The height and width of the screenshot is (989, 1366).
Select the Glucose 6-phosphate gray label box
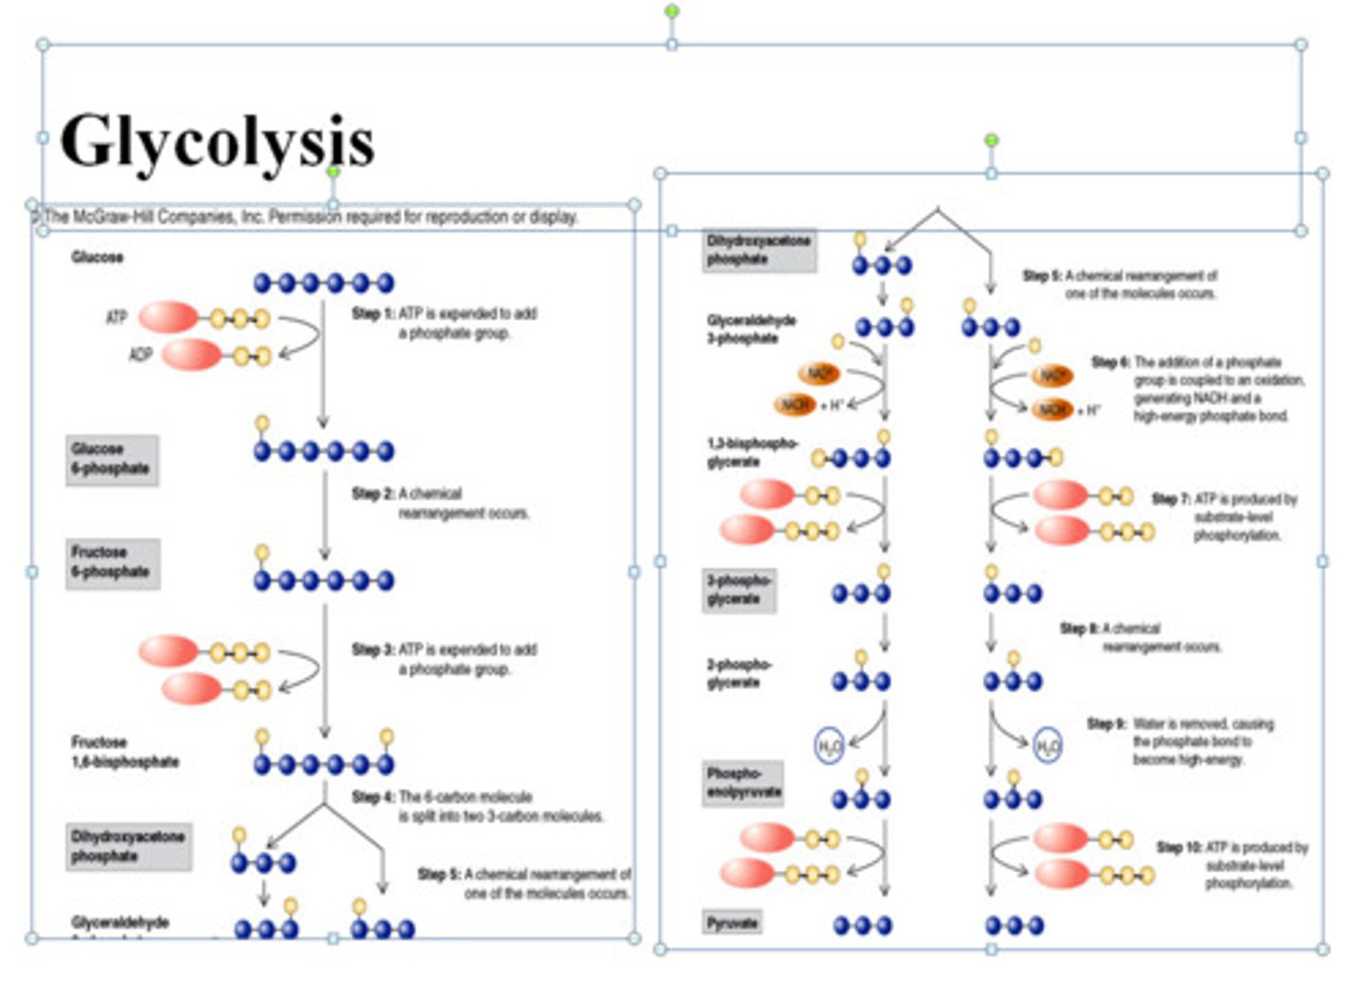click(111, 459)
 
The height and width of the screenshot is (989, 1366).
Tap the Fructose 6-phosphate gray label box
click(112, 563)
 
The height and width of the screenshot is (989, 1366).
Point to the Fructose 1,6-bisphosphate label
click(124, 753)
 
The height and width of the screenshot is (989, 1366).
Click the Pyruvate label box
click(731, 923)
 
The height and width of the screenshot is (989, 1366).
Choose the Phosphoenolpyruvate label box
click(744, 783)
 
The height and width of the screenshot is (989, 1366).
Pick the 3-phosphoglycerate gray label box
click(739, 590)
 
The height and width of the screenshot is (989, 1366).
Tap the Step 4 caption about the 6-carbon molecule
click(477, 807)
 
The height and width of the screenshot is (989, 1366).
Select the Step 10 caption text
click(1233, 865)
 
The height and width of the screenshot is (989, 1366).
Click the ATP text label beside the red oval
click(116, 317)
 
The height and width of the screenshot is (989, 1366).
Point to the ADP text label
click(139, 355)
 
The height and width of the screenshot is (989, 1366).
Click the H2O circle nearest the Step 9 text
click(1047, 746)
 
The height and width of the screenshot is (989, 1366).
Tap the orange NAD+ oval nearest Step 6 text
click(1052, 376)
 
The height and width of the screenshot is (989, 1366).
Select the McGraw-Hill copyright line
click(308, 217)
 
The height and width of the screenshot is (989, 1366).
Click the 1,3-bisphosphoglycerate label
click(751, 453)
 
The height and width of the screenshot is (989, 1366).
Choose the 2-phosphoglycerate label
click(738, 673)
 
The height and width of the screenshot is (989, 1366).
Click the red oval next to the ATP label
click(169, 317)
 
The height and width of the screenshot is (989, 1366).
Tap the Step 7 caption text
click(1225, 517)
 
